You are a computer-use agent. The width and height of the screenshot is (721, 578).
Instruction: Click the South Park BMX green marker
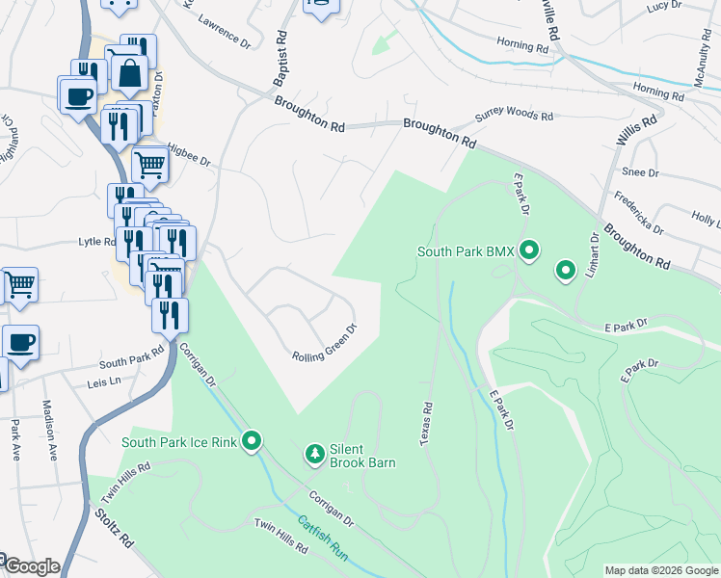pos(528,251)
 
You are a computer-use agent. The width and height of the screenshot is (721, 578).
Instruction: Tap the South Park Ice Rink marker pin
pos(253,442)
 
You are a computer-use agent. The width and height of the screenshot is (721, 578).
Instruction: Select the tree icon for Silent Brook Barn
pos(314,453)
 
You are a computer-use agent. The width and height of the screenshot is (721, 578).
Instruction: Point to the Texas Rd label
pos(425,425)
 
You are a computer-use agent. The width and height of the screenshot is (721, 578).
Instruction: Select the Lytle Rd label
pos(96,243)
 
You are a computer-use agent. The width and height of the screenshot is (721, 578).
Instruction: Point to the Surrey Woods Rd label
pos(514,118)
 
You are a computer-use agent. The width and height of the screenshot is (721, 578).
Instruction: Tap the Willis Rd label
pos(636,132)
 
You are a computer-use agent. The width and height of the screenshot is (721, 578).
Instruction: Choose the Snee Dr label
pos(640,172)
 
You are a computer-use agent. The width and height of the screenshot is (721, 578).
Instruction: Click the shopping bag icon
pos(129,72)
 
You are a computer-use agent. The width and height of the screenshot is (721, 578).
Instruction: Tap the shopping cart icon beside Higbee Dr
pos(149,166)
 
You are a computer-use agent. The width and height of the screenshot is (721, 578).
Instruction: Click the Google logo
pos(31,566)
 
